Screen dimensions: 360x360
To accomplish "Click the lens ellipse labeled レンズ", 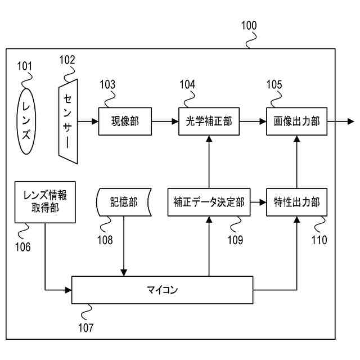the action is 26,121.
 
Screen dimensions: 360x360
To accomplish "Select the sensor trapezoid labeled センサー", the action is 68,121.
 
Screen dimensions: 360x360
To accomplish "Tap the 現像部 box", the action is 125,121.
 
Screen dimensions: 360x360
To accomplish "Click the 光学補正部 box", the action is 209,121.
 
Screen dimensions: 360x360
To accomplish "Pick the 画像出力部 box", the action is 296,121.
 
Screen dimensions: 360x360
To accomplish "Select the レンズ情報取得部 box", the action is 45,202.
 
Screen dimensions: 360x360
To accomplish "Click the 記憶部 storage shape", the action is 124,202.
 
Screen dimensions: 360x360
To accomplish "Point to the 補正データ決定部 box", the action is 209,202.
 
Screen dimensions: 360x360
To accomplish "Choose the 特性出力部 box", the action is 296,202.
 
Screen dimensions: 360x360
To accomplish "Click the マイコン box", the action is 163,290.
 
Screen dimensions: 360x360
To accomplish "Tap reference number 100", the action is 249,25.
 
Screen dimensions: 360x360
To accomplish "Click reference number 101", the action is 25,66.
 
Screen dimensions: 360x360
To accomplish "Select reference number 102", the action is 67,60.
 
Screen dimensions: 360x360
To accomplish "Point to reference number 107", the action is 86,327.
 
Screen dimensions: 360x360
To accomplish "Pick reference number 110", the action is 319,240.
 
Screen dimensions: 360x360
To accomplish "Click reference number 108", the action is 105,240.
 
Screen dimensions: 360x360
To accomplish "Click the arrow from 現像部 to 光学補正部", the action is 165,121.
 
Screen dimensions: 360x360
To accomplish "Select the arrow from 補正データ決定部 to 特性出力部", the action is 258,202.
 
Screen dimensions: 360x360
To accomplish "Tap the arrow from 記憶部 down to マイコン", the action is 124,246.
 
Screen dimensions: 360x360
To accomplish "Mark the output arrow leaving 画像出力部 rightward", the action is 341,121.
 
